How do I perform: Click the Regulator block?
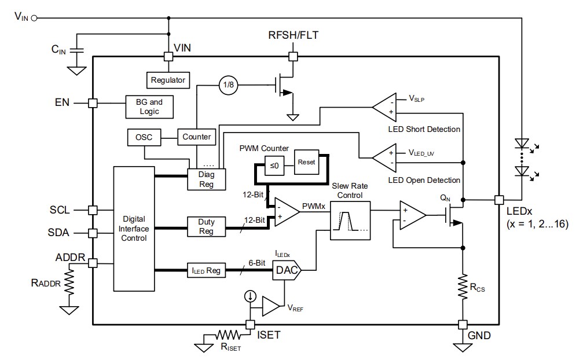click(168, 80)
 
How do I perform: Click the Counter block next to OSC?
click(196, 137)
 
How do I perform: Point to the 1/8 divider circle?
click(227, 86)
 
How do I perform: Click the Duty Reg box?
click(206, 226)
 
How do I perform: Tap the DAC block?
click(286, 269)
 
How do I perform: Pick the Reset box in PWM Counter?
click(306, 162)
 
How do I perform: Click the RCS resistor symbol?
click(463, 284)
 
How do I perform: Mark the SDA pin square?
click(92, 233)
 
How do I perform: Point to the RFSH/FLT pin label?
click(292, 36)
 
